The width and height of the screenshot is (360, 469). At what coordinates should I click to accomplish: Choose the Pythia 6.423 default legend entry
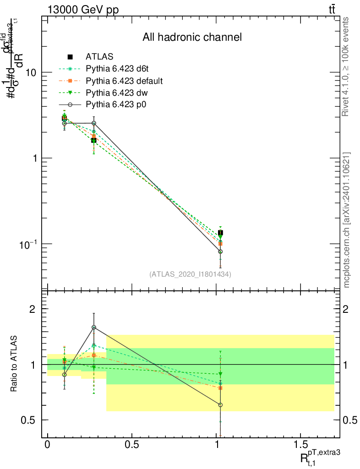coord(124,81)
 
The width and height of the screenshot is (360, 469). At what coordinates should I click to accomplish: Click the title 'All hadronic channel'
coord(191,37)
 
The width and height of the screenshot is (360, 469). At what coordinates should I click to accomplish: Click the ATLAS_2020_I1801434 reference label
coord(190,274)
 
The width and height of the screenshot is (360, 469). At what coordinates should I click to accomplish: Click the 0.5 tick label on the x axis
coord(132,445)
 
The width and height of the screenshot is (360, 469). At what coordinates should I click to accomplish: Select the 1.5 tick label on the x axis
coord(300,445)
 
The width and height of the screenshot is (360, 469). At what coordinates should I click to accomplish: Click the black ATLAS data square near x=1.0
coord(220,233)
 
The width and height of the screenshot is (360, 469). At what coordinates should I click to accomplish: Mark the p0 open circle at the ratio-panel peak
coord(94,327)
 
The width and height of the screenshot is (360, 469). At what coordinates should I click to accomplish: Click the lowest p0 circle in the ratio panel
coord(220,405)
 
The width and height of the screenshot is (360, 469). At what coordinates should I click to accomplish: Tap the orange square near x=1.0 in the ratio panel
coord(220,388)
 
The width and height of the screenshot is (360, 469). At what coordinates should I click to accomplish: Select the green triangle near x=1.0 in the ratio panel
coord(220,374)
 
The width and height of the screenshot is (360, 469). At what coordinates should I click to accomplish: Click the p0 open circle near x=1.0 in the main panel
coord(220,251)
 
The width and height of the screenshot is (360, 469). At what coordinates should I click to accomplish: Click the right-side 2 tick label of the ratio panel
coord(346,309)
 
